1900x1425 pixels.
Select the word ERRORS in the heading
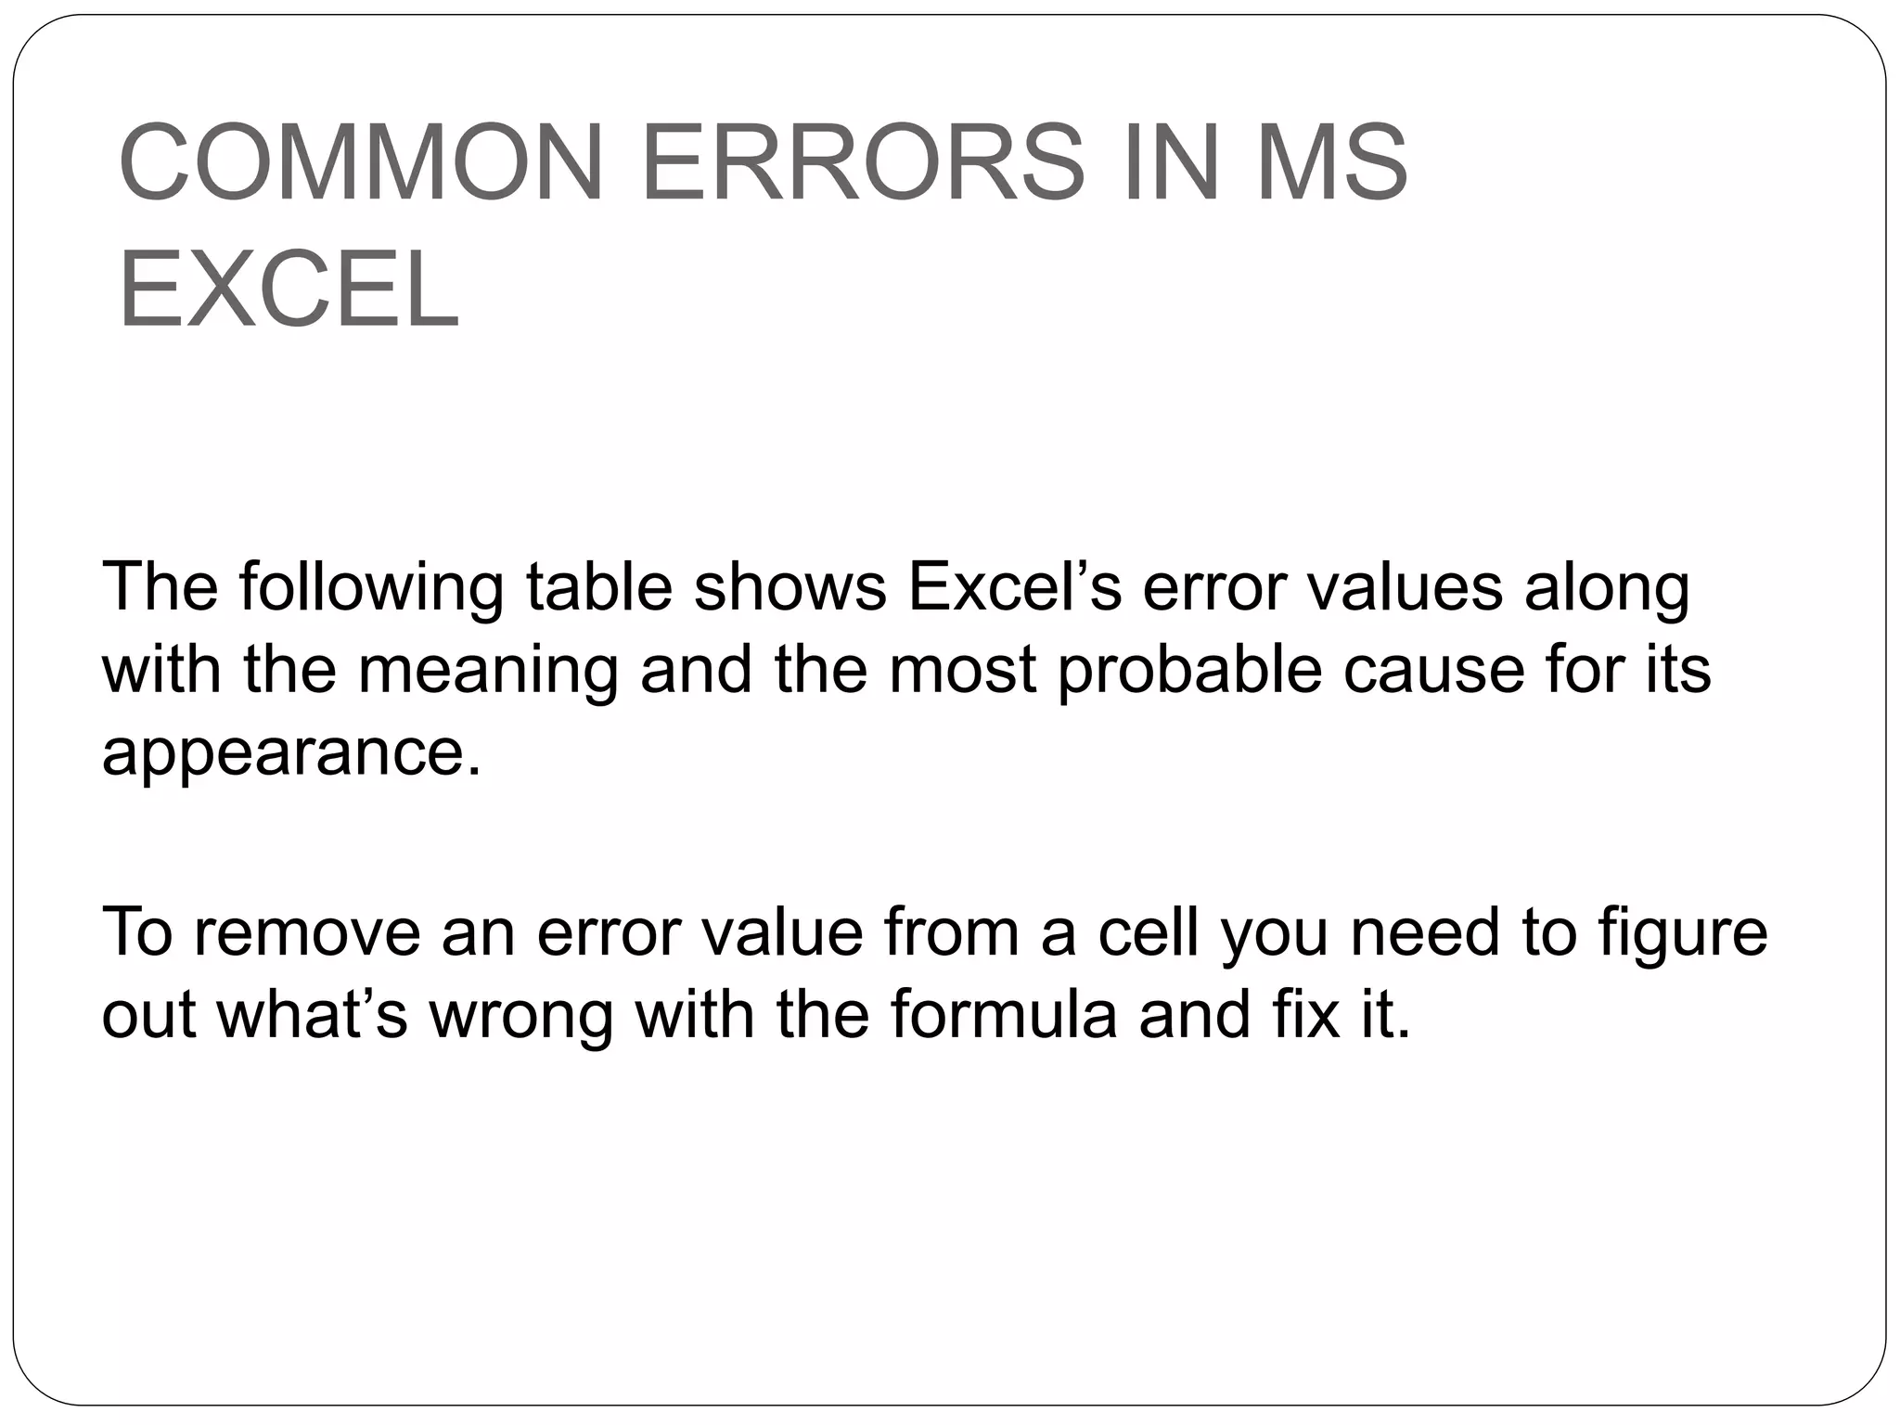(x=862, y=163)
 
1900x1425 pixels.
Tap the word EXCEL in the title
(x=289, y=290)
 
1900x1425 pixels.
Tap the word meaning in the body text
(x=488, y=669)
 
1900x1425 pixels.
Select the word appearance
(x=292, y=751)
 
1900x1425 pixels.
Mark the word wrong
(x=520, y=1014)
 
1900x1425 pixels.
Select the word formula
(x=1003, y=1014)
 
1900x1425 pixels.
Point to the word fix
(x=1300, y=1014)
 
